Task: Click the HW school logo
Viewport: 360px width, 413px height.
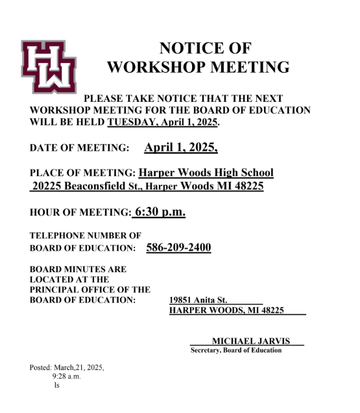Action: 49,66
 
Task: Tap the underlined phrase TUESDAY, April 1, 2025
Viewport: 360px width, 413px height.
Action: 163,122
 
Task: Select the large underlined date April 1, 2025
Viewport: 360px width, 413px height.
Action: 181,147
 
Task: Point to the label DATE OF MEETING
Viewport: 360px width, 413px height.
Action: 80,149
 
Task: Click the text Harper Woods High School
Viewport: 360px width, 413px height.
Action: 206,173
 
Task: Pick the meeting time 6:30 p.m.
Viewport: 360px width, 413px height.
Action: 160,212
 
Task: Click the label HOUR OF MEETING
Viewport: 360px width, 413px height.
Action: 80,212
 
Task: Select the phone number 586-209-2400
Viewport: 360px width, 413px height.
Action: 179,247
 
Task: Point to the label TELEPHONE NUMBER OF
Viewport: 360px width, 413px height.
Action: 85,235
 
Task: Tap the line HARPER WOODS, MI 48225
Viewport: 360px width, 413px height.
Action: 226,310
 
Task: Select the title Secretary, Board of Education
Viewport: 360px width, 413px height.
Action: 236,351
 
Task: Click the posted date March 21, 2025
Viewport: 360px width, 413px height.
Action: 67,367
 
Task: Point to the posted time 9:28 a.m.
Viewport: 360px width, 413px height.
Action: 67,376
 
